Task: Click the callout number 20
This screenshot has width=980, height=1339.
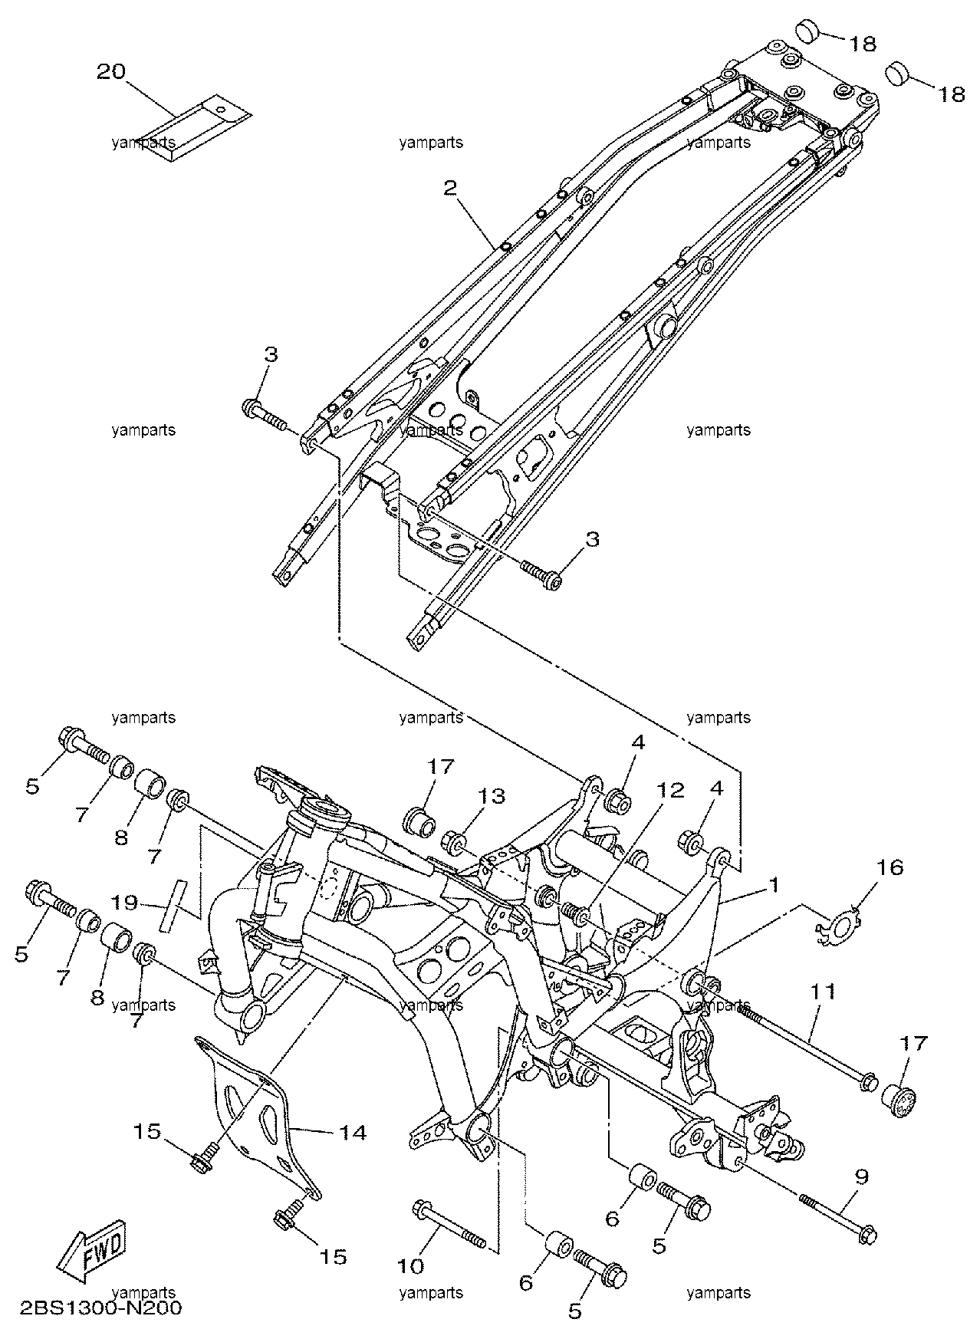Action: click(111, 72)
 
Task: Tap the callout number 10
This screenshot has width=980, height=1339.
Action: click(412, 1265)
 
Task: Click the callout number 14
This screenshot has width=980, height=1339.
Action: click(353, 1132)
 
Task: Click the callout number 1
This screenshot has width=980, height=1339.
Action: click(775, 885)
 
